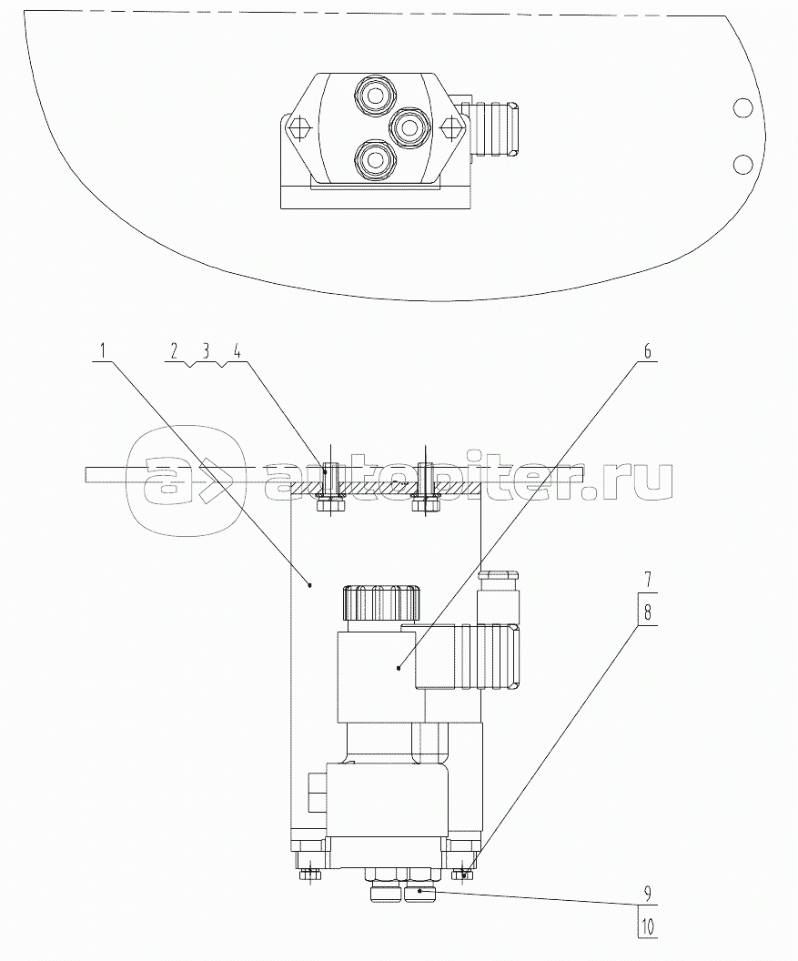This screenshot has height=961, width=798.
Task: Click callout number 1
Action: [x=103, y=351]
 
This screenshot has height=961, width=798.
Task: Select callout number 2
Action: [x=175, y=351]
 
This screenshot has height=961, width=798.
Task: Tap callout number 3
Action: [x=206, y=351]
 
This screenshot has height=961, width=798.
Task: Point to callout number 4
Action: [x=237, y=351]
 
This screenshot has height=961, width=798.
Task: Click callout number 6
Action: [x=647, y=351]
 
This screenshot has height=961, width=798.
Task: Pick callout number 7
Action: [x=647, y=579]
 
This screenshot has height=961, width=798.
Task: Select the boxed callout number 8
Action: [x=647, y=611]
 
